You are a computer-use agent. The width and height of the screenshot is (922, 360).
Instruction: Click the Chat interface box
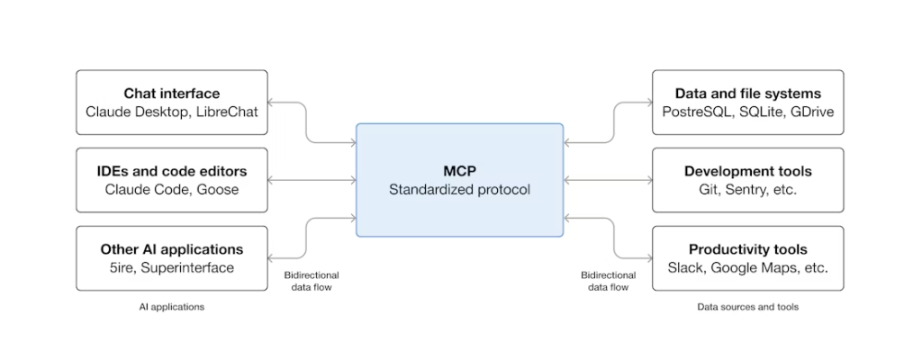[172, 103]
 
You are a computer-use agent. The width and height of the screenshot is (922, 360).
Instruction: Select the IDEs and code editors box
[172, 180]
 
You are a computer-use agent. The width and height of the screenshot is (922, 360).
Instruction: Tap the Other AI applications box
[172, 258]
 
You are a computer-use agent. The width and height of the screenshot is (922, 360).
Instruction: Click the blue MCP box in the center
[459, 180]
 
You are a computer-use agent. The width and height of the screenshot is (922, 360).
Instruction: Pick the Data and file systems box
[747, 103]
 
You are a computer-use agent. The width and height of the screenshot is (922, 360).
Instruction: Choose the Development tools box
[747, 180]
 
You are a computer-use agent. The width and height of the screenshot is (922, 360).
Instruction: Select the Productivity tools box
[747, 258]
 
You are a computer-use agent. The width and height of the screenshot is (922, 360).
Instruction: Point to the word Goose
[220, 190]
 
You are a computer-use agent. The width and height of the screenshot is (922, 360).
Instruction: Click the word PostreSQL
[696, 112]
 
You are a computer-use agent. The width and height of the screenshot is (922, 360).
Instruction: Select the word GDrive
[811, 112]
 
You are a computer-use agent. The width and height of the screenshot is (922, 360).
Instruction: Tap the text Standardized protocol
[459, 190]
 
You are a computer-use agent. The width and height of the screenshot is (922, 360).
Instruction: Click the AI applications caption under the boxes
[171, 307]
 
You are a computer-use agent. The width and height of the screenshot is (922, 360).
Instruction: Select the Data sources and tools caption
[747, 307]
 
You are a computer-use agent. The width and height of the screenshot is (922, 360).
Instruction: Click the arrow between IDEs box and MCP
[312, 180]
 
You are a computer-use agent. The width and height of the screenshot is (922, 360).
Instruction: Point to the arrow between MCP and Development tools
[608, 180]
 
